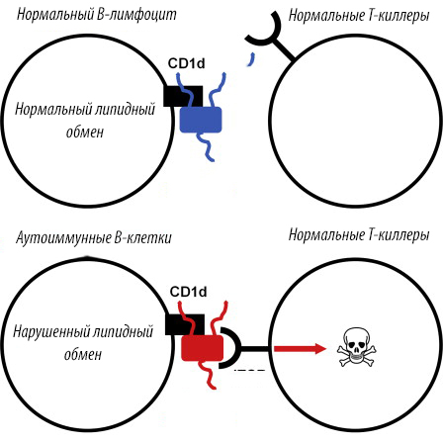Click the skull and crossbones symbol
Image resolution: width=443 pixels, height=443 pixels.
(x=357, y=347)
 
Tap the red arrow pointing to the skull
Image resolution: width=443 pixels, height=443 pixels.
(x=300, y=348)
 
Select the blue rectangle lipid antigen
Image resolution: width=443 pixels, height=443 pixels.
(x=201, y=120)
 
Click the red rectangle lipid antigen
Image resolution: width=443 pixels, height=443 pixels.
(x=203, y=348)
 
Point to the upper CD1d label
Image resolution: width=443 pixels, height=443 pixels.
(x=186, y=63)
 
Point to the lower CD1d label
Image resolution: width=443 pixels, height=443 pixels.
(x=188, y=292)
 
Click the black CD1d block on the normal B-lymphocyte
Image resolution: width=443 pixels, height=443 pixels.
(x=183, y=96)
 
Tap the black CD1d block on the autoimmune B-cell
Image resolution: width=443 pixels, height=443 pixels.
(x=185, y=324)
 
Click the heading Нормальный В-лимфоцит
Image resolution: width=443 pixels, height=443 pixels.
(x=97, y=14)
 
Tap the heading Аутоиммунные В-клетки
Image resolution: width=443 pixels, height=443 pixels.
(x=94, y=237)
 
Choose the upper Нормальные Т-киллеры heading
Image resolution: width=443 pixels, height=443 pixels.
(x=359, y=15)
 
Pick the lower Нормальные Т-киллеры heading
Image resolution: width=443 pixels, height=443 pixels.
(x=359, y=235)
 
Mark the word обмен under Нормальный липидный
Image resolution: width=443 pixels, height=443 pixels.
(x=85, y=132)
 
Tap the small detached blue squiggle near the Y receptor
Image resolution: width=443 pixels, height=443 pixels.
(x=251, y=59)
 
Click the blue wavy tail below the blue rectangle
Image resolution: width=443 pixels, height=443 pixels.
(x=207, y=147)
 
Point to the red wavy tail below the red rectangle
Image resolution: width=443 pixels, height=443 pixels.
(x=209, y=375)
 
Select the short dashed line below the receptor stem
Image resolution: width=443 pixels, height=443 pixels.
(x=249, y=371)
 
